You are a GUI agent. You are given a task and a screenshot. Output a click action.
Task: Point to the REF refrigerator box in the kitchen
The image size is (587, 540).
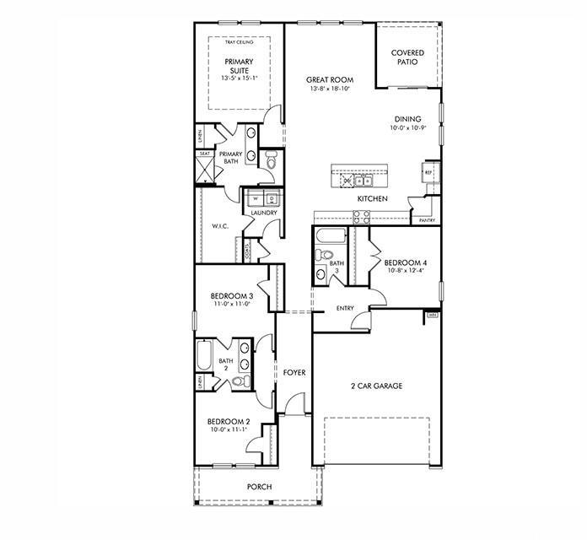pyautogui.click(x=428, y=171)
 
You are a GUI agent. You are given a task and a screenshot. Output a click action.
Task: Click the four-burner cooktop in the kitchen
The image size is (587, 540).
pyautogui.click(x=360, y=216)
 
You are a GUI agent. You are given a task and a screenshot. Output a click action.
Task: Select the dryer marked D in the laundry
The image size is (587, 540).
pyautogui.click(x=271, y=199)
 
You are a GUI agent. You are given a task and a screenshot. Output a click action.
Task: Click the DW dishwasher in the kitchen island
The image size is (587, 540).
pyautogui.click(x=347, y=181)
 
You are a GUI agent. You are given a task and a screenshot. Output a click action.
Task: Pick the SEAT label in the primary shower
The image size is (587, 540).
pyautogui.click(x=204, y=154)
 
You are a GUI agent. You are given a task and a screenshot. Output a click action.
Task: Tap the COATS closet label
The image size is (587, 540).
pyautogui.click(x=247, y=251)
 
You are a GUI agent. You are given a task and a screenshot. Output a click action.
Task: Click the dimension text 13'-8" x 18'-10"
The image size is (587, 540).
pyautogui.click(x=330, y=89)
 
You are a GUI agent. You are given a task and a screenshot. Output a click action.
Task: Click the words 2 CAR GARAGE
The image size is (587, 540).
pyautogui.click(x=376, y=386)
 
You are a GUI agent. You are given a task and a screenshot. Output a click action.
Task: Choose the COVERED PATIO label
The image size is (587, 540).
pyautogui.click(x=407, y=57)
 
